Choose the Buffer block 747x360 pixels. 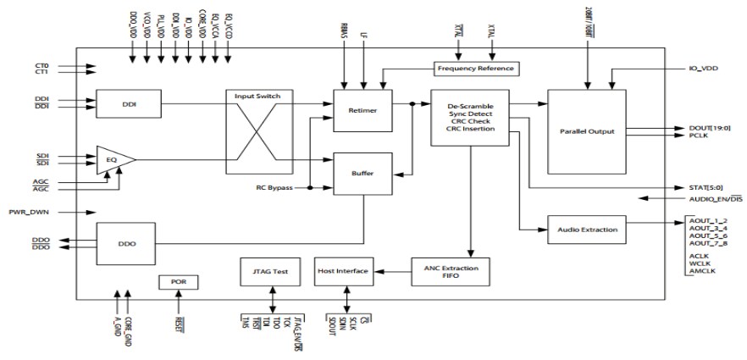(362, 173)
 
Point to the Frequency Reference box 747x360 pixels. (475, 68)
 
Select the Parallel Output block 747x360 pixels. (586, 131)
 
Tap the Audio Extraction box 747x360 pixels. (588, 229)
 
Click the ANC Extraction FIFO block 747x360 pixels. (451, 271)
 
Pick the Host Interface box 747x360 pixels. (343, 271)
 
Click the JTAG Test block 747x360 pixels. (271, 271)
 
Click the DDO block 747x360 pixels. (127, 243)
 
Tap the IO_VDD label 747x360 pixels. (702, 68)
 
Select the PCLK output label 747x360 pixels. (697, 135)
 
